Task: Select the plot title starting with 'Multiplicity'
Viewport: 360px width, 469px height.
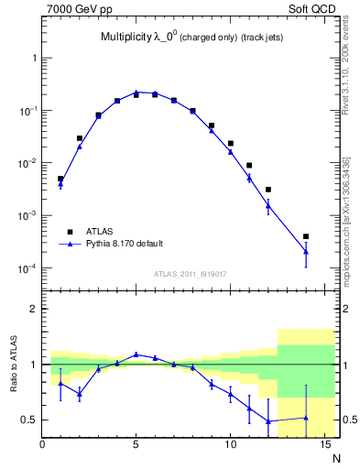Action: point(191,38)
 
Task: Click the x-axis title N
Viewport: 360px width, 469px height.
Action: point(335,456)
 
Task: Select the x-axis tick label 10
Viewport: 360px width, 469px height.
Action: point(230,445)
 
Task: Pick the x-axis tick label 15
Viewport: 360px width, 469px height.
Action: point(323,445)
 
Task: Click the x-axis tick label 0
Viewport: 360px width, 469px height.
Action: point(43,445)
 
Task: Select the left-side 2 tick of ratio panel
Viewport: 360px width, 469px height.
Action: point(33,309)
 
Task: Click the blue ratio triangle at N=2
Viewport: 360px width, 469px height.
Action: point(80,394)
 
